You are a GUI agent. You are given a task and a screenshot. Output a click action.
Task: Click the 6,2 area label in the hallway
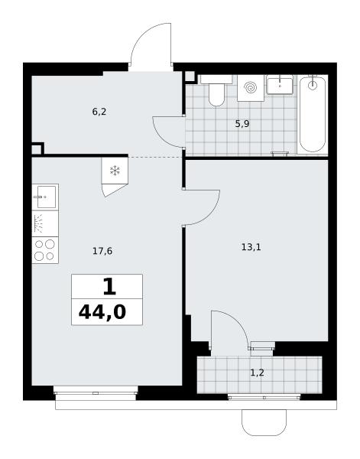(99, 112)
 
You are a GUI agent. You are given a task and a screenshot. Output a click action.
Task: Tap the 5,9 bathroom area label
(242, 124)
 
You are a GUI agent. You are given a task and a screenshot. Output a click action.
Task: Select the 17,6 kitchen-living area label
(102, 251)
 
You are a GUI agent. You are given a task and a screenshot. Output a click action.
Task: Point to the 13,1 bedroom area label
(251, 247)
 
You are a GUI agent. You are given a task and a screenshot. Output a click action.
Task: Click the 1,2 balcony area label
(257, 373)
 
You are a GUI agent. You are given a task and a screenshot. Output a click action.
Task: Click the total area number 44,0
(102, 312)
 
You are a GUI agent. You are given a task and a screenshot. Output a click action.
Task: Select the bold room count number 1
(109, 287)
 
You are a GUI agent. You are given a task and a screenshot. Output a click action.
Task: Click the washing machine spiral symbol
(251, 87)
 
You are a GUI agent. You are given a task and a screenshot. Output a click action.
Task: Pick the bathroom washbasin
(280, 85)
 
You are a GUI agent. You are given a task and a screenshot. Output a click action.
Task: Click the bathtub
(313, 115)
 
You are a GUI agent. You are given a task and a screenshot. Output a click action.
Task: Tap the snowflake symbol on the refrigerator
(115, 171)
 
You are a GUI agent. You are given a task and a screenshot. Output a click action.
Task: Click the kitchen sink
(45, 197)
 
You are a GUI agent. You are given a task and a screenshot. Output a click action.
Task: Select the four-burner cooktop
(45, 250)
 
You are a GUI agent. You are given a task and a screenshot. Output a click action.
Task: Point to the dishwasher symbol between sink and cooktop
(45, 223)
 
